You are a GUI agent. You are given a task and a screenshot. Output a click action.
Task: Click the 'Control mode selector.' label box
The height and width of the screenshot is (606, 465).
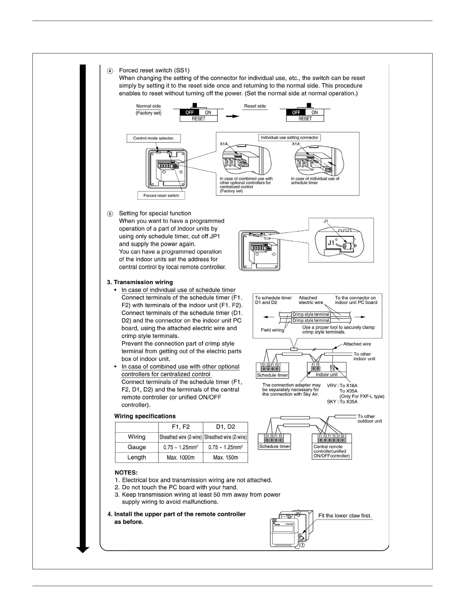point(153,138)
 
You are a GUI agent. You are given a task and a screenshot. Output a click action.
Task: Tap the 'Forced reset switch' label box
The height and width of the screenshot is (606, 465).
point(161,196)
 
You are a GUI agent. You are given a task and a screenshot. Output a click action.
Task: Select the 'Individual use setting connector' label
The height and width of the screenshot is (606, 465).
point(289,137)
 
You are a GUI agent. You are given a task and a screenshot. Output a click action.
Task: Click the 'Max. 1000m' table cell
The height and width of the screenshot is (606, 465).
point(180,457)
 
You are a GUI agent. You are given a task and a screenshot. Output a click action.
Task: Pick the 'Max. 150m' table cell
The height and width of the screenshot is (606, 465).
point(225,457)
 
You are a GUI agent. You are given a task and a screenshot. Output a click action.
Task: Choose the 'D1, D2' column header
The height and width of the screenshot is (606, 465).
point(225,427)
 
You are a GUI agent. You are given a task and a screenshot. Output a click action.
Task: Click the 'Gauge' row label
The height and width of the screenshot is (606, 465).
point(137,447)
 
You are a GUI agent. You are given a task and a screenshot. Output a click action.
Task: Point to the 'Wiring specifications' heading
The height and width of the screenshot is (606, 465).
point(145,416)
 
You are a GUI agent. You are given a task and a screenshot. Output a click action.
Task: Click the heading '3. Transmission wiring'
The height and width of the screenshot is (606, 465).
point(140,282)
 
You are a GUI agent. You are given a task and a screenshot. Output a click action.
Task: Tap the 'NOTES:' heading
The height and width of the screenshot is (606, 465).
point(126,472)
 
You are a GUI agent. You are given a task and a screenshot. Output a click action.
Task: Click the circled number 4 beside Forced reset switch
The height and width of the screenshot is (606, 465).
point(110,71)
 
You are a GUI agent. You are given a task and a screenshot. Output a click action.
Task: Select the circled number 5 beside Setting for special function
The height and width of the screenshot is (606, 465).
point(110,213)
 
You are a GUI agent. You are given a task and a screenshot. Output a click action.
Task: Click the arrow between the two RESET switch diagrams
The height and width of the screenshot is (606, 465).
point(232,116)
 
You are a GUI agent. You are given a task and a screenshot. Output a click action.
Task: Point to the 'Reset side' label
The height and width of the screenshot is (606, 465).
point(255,106)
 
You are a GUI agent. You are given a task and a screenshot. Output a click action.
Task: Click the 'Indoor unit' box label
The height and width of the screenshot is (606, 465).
point(327,375)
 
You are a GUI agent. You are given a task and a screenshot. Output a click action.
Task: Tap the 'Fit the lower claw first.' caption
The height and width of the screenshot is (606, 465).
point(345,516)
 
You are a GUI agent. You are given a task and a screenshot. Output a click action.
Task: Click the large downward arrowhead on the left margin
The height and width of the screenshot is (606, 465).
point(83,549)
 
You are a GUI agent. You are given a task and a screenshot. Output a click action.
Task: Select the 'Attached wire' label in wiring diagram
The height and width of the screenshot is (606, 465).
point(357,344)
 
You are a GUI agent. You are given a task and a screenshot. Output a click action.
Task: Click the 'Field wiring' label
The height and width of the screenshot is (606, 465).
point(272,330)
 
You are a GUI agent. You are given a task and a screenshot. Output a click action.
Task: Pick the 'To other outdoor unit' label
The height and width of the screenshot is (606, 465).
point(369,419)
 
